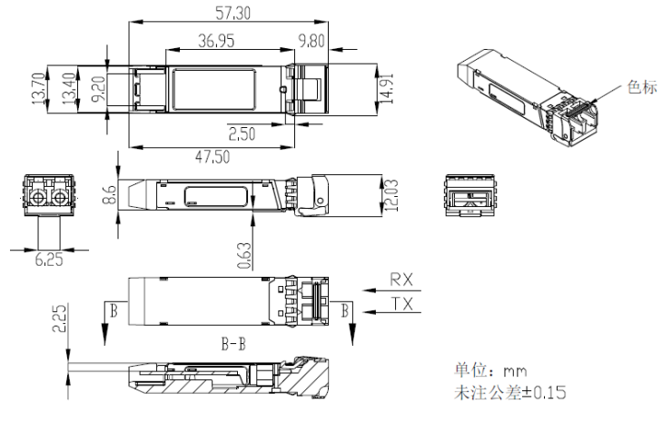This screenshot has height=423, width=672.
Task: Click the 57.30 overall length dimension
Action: point(232,13)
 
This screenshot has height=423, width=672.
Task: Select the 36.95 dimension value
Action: point(216,41)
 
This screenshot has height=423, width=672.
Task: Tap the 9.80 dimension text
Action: point(311,41)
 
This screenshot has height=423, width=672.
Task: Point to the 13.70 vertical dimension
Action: point(38,89)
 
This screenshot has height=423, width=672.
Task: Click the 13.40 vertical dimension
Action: point(69,89)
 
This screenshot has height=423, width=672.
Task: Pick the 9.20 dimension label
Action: point(99,89)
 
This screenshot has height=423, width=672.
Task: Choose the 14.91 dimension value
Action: point(387,89)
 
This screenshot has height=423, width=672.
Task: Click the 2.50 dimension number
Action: point(242,134)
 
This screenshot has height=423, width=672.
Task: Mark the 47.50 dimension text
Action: point(212,157)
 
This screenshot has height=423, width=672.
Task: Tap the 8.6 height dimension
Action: point(109,194)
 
